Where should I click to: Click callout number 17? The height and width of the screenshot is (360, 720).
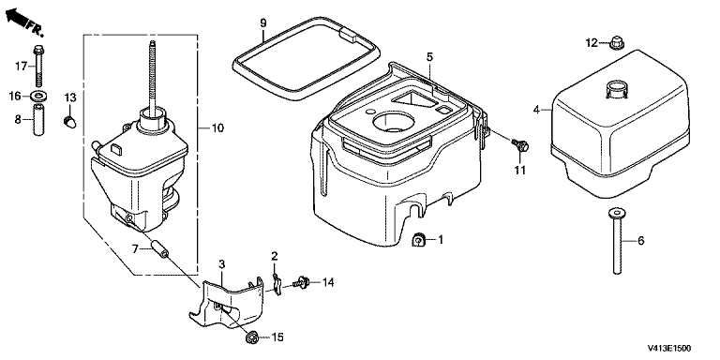point(22,67)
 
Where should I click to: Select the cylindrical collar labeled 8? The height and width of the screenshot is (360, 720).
point(38,120)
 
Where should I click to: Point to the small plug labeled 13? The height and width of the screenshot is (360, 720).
point(69,122)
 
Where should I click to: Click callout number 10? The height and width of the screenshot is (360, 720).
point(217,128)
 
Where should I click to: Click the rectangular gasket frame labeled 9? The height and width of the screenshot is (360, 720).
point(307,59)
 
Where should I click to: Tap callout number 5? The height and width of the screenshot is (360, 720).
point(429,57)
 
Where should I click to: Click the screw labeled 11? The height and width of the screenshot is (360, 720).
point(521,145)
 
